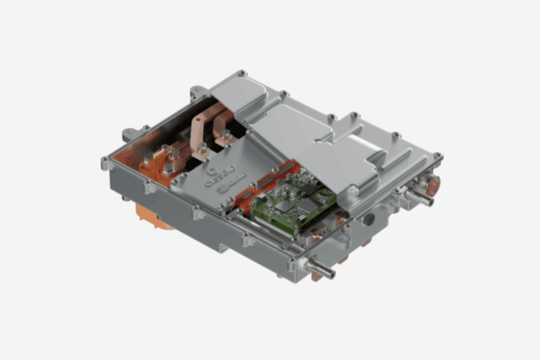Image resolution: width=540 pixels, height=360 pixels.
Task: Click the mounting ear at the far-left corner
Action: coord(106,163)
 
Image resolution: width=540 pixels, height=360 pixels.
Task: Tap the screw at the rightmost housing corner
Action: coord(437,157)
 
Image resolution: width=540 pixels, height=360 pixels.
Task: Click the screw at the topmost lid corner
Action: coord(242,73)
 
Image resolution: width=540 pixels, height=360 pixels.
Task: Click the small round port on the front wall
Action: coord(370,220)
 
